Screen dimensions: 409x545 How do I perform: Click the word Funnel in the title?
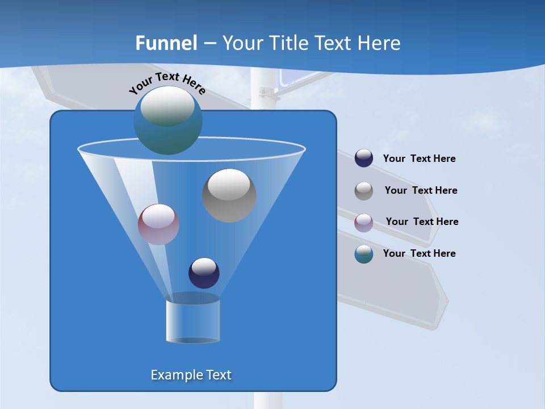(x=166, y=43)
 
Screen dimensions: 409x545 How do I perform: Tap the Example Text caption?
(x=191, y=375)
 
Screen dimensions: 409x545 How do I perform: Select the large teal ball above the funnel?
(x=168, y=120)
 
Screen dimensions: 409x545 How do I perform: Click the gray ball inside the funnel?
(x=229, y=195)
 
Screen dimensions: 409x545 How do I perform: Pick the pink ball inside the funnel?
(x=159, y=224)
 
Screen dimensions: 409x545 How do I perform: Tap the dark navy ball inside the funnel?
(x=204, y=273)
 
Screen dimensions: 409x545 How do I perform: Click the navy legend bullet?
(x=364, y=158)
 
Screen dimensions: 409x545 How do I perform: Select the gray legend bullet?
(x=364, y=190)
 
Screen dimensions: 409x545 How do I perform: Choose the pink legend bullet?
(x=364, y=222)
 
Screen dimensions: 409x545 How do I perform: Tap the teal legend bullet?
(x=364, y=254)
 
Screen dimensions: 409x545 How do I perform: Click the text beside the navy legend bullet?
(x=420, y=159)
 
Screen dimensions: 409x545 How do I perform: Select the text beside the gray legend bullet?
(x=421, y=191)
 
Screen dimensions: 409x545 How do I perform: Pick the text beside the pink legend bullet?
(x=422, y=222)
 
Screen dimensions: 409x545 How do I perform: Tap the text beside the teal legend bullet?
(x=420, y=254)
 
